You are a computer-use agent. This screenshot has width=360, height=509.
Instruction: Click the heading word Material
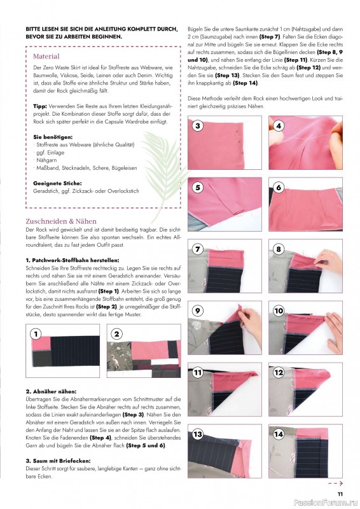coord(46,57)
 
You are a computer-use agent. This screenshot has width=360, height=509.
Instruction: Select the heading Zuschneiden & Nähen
coord(61,221)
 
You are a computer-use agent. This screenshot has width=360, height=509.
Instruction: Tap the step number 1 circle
coord(36,333)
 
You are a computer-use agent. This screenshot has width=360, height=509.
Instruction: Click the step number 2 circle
coord(117,333)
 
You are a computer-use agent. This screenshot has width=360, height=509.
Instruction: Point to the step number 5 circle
coord(198,187)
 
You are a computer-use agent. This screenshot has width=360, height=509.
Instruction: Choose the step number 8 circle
coord(279,249)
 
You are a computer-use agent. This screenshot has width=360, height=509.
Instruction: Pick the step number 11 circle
coord(198,372)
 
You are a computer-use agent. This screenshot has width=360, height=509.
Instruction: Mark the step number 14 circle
coord(279,434)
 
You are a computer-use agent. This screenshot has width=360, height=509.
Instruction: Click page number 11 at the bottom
coord(340,494)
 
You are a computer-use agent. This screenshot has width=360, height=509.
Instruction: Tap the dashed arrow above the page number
coord(335,484)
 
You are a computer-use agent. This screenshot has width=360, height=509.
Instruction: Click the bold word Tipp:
coord(40,106)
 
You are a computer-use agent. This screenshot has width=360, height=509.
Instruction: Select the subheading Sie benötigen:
coord(53,137)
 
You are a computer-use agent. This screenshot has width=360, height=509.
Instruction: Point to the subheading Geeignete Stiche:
coord(57,183)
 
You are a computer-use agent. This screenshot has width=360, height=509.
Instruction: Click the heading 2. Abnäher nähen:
coord(51,391)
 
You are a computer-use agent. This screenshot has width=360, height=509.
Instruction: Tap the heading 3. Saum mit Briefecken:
coord(58,461)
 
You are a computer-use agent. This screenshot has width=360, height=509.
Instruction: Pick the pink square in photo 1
coord(41,343)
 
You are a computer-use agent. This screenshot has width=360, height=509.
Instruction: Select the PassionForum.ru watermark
coord(326,503)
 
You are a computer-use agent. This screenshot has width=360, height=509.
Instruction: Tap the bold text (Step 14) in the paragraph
coord(245,83)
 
